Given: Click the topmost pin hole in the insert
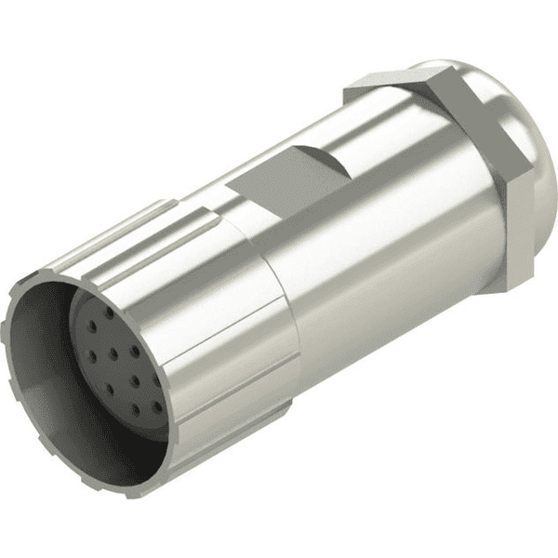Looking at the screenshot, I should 109,313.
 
